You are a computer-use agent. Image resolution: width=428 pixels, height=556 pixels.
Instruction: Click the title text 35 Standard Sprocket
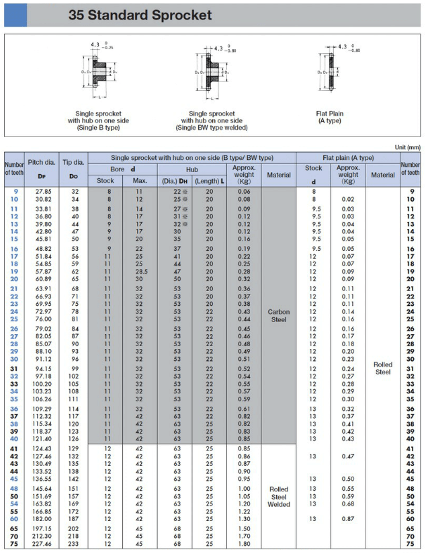coord(140,15)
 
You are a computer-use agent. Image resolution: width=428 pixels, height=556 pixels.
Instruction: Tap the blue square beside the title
coord(15,15)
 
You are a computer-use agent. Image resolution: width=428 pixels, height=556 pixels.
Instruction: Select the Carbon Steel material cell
coord(279,315)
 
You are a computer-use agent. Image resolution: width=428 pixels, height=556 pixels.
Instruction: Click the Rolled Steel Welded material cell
coord(279,497)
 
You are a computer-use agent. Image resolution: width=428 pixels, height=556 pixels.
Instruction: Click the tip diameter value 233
coord(74,545)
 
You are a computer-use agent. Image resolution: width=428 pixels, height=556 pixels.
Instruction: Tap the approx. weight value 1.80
coord(243,545)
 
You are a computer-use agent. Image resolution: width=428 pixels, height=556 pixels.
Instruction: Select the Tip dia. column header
coord(74,168)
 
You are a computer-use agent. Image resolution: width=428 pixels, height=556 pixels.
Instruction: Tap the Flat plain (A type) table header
coord(348,157)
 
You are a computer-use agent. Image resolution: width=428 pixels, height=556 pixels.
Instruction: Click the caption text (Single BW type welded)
coord(212,128)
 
